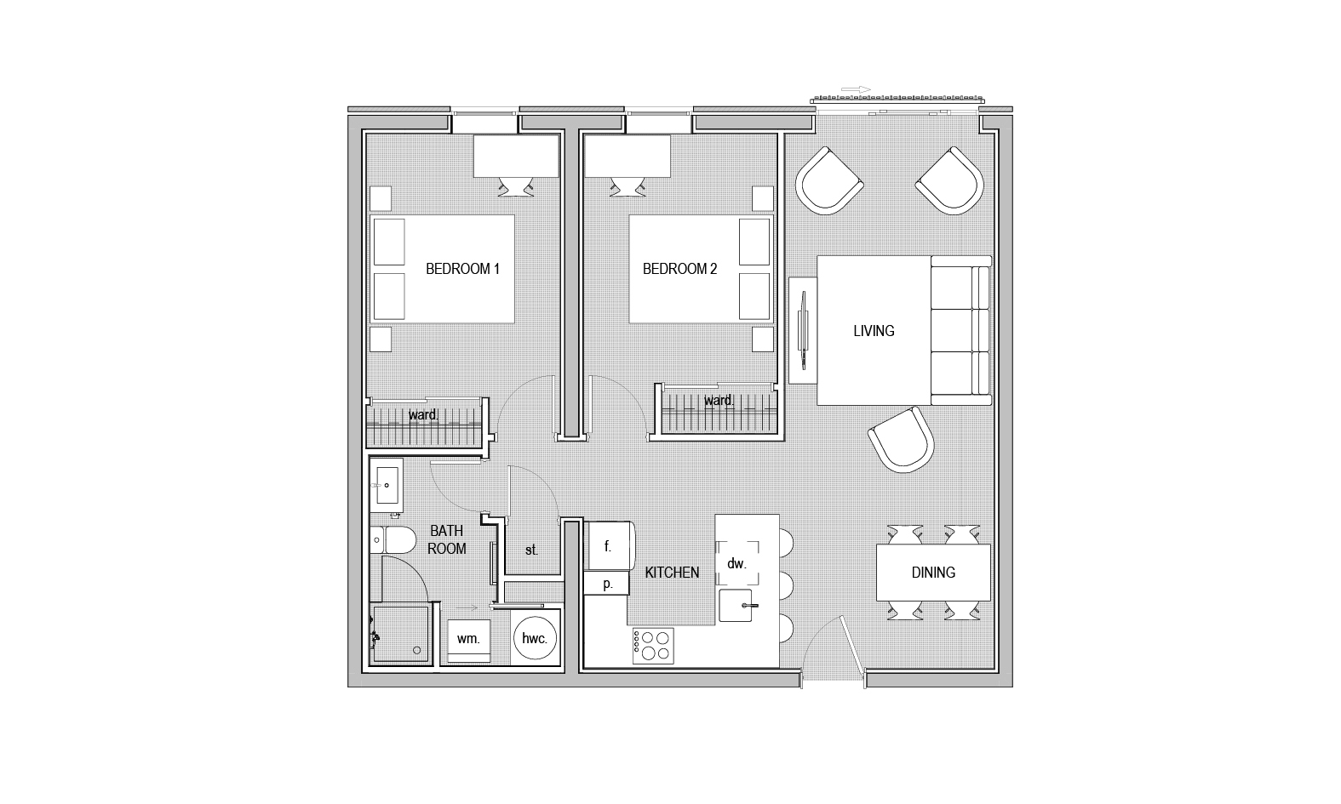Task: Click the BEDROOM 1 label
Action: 462,269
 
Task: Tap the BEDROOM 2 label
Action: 679,269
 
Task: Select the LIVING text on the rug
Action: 874,331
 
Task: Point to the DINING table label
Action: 933,573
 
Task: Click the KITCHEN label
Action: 672,573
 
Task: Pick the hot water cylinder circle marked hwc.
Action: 535,638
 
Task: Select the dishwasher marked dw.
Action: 737,563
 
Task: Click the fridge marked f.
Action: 608,545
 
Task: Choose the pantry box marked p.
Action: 607,584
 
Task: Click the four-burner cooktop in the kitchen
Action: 653,646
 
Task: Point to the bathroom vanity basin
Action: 387,486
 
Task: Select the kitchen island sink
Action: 736,606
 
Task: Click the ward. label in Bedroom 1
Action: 423,414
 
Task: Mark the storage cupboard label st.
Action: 531,550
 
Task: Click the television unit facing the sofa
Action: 803,330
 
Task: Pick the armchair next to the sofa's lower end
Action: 901,440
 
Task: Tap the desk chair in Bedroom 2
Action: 628,186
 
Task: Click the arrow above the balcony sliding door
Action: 856,89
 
